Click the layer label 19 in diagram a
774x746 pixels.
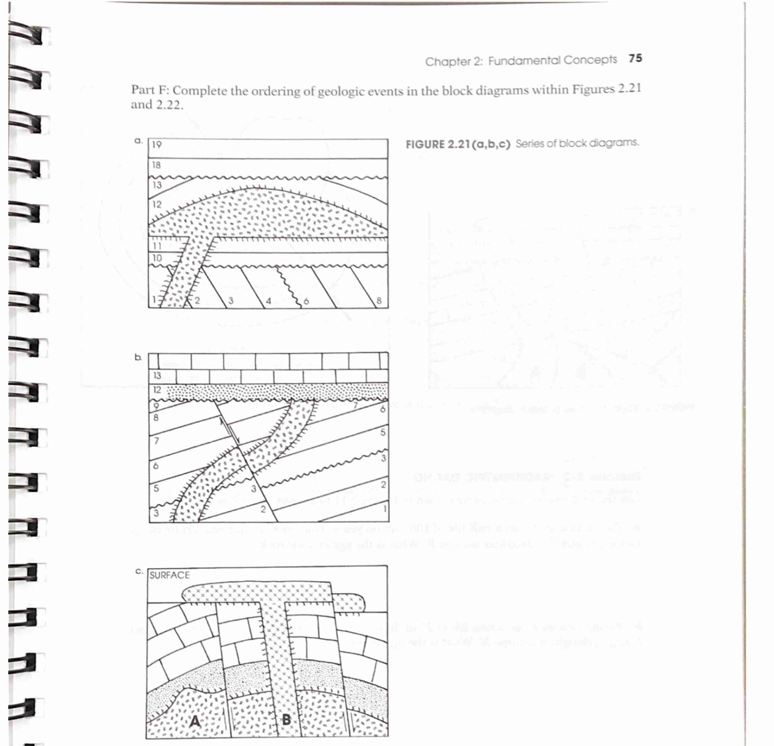click(x=157, y=145)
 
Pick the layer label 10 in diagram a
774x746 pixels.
click(x=157, y=258)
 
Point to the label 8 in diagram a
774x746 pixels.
click(x=379, y=301)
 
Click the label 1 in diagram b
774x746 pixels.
click(x=384, y=509)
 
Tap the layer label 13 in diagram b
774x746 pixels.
click(x=157, y=375)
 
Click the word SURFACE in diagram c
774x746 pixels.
click(x=169, y=575)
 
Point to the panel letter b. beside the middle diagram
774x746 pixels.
click(x=138, y=357)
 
